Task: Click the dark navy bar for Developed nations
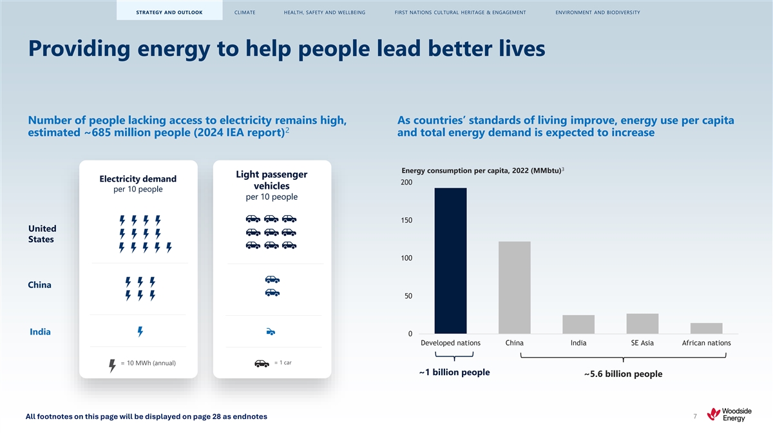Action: [x=450, y=260]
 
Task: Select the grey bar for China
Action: [x=514, y=287]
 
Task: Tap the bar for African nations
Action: [x=706, y=328]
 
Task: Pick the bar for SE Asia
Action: [x=642, y=324]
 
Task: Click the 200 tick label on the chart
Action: [x=407, y=183]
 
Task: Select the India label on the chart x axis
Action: [x=578, y=343]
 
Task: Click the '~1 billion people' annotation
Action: [x=453, y=372]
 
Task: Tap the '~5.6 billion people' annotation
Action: [x=622, y=374]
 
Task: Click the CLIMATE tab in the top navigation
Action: [x=245, y=12]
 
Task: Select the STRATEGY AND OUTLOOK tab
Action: [x=169, y=12]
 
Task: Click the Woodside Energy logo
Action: [x=729, y=414]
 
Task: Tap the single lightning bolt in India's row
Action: [x=140, y=331]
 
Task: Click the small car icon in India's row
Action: [x=271, y=332]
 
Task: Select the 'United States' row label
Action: [x=42, y=234]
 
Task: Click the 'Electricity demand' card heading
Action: [x=138, y=179]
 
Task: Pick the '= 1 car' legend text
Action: [x=283, y=362]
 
